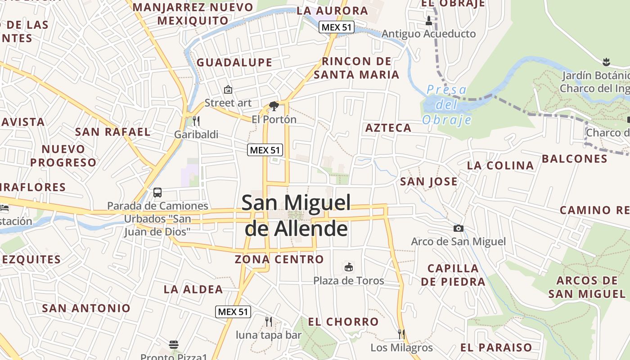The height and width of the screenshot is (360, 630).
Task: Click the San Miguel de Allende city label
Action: tap(296, 215)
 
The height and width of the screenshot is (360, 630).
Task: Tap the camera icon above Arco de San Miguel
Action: tap(459, 229)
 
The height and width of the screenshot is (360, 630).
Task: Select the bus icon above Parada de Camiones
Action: tap(157, 193)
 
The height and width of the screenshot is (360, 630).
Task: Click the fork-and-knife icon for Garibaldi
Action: tap(196, 121)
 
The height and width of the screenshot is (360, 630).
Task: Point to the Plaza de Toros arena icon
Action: tap(348, 267)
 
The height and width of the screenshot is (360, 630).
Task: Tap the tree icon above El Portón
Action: tap(274, 106)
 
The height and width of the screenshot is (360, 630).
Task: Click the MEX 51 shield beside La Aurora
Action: tap(337, 27)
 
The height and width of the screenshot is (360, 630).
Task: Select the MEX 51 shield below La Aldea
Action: tap(233, 311)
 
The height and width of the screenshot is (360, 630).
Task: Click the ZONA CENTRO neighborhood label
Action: tap(279, 259)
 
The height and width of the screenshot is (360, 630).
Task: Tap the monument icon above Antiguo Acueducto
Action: tap(428, 20)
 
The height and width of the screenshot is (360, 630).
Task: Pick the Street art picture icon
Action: tap(228, 90)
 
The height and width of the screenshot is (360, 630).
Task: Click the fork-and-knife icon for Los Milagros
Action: tap(401, 334)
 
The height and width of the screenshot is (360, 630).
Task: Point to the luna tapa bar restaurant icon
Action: tap(269, 321)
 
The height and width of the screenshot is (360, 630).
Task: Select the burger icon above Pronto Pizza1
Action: tap(174, 345)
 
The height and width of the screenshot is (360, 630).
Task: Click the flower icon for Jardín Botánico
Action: tap(606, 62)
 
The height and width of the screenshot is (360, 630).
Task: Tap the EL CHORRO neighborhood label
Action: tap(343, 322)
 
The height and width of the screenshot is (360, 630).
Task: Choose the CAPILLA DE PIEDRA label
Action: tap(453, 275)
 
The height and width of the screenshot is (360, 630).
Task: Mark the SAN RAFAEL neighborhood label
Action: tap(112, 132)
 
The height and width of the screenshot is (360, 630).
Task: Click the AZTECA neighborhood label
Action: tap(388, 128)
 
